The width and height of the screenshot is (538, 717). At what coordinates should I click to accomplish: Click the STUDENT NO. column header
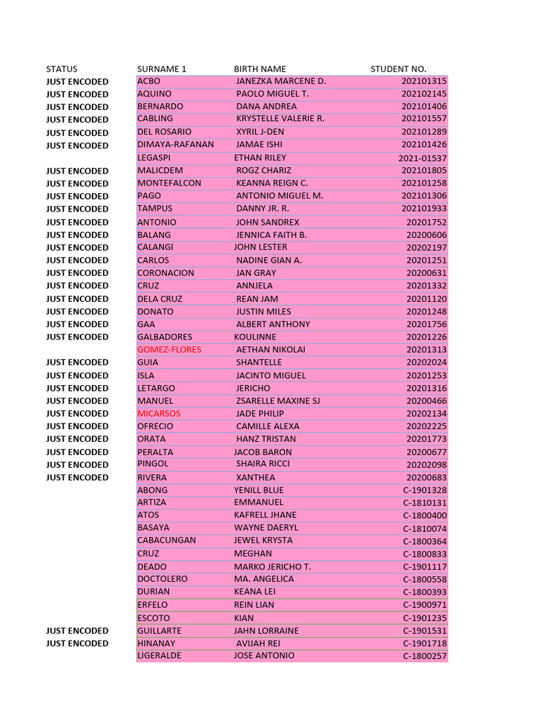pyautogui.click(x=398, y=69)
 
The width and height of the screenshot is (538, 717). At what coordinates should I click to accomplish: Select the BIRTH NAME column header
pyautogui.click(x=260, y=69)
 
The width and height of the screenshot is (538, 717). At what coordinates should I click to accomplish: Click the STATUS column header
pyautogui.click(x=62, y=69)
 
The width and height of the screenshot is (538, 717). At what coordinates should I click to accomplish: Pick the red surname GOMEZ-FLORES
pyautogui.click(x=169, y=349)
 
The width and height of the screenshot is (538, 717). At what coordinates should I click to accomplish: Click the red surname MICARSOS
pyautogui.click(x=159, y=413)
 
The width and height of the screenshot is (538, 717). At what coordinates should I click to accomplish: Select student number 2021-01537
pyautogui.click(x=422, y=158)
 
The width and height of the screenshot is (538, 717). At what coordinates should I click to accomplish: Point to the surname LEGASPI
pyautogui.click(x=153, y=158)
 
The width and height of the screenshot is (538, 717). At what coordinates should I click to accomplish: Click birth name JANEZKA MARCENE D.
pyautogui.click(x=281, y=81)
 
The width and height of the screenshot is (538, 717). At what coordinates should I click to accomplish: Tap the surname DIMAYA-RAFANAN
pyautogui.click(x=176, y=144)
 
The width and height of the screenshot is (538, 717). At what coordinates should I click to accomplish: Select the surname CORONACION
pyautogui.click(x=166, y=272)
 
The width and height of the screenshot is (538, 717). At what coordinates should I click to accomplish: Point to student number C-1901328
pyautogui.click(x=425, y=490)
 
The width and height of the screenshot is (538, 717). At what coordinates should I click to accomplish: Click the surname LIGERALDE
pyautogui.click(x=159, y=656)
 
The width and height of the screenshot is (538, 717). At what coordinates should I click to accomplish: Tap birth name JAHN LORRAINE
pyautogui.click(x=266, y=630)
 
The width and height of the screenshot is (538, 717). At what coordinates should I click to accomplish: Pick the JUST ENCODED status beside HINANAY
pyautogui.click(x=77, y=643)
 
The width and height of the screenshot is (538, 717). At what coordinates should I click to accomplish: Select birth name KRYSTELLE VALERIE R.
pyautogui.click(x=280, y=118)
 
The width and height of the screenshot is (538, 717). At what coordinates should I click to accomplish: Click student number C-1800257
pyautogui.click(x=425, y=657)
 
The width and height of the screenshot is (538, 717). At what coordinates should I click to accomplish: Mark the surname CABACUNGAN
pyautogui.click(x=167, y=541)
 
